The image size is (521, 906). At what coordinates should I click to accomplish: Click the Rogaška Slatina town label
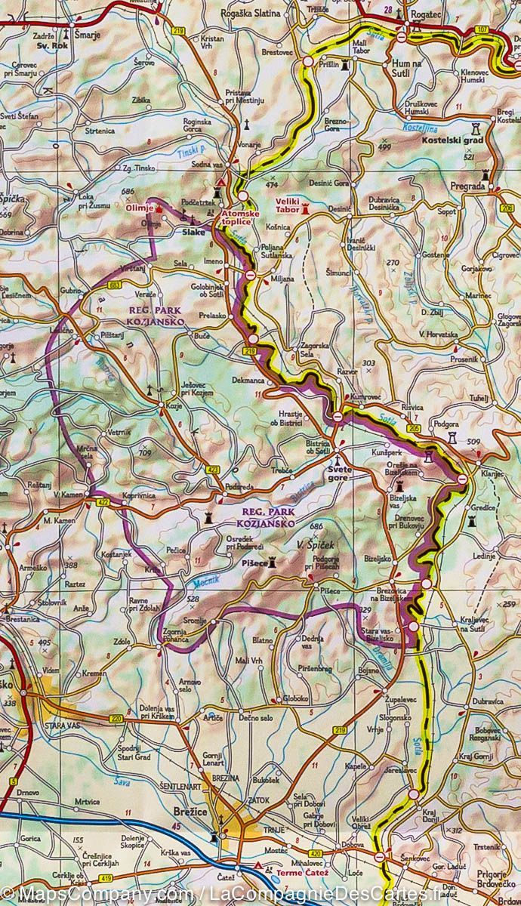point(250,14)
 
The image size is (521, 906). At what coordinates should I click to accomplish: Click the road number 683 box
point(115,285)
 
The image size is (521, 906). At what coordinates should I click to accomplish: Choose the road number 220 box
point(116,718)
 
